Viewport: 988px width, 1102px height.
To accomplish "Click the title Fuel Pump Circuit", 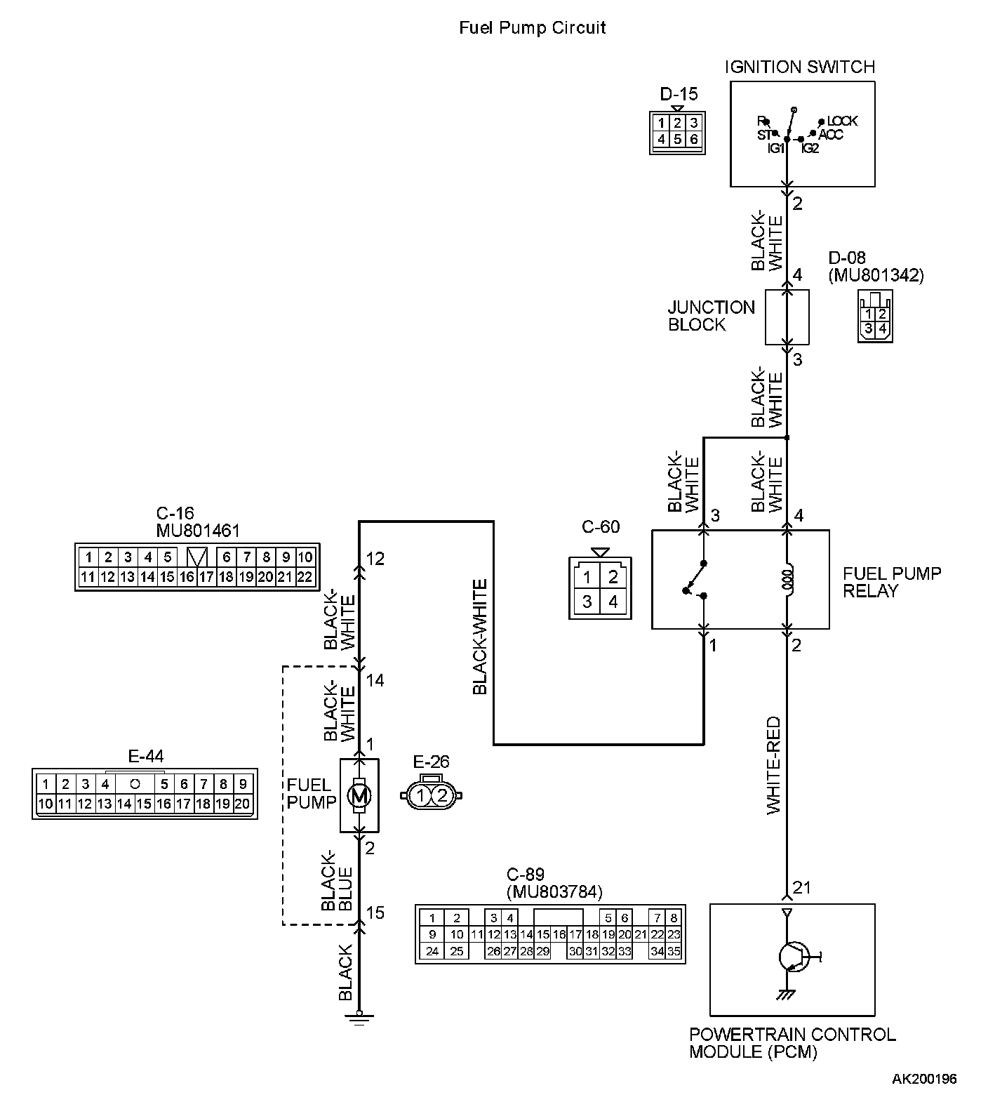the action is [532, 28].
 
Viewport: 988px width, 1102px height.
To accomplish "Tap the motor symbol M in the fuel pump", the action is [359, 795].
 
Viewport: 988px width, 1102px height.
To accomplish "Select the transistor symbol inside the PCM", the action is [794, 956].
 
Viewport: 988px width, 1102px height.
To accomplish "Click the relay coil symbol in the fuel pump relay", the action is [787, 580].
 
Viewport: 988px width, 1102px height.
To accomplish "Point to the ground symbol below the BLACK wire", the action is [359, 1018].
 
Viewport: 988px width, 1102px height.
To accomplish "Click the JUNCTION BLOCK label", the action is [711, 316].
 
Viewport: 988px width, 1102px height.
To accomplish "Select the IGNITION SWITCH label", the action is [800, 67].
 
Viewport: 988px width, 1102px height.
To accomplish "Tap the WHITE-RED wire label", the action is [773, 765].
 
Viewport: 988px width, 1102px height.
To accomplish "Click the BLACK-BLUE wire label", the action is [337, 881].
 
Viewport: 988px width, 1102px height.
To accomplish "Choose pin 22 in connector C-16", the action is [305, 577].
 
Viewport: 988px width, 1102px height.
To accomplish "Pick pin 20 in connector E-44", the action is [243, 804].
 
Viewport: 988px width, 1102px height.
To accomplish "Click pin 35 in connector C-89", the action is [674, 952].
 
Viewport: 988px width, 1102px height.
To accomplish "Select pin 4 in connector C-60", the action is [613, 602].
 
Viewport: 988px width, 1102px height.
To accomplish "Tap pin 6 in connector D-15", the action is [693, 139].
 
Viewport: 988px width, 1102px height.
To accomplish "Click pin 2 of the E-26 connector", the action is [442, 795].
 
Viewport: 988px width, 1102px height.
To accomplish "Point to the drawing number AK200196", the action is [924, 1079].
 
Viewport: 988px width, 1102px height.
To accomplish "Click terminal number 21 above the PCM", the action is [801, 888].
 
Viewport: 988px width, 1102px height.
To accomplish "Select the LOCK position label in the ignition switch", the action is [842, 121].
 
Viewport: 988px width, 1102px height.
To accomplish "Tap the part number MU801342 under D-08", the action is [876, 275].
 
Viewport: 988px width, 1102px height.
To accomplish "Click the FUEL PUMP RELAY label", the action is [892, 582].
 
